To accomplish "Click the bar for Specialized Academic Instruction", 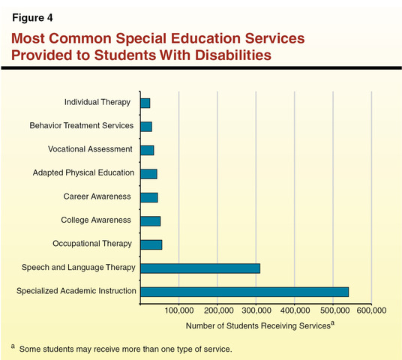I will coord(244,291).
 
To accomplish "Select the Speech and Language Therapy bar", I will coord(200,268).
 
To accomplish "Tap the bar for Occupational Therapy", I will coord(151,244).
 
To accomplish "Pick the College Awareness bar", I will coord(150,220).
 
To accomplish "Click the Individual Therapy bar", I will coord(145,103).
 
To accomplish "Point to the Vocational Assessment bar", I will coord(147,150).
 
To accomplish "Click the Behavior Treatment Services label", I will coord(81,126).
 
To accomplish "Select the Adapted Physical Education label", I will coord(83,173).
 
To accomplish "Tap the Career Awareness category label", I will coord(97,196).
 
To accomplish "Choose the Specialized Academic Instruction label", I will coord(76,291).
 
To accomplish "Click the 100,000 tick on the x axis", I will coord(179,310).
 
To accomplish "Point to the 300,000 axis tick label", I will coord(256,310).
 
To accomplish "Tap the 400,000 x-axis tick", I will coord(295,310).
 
